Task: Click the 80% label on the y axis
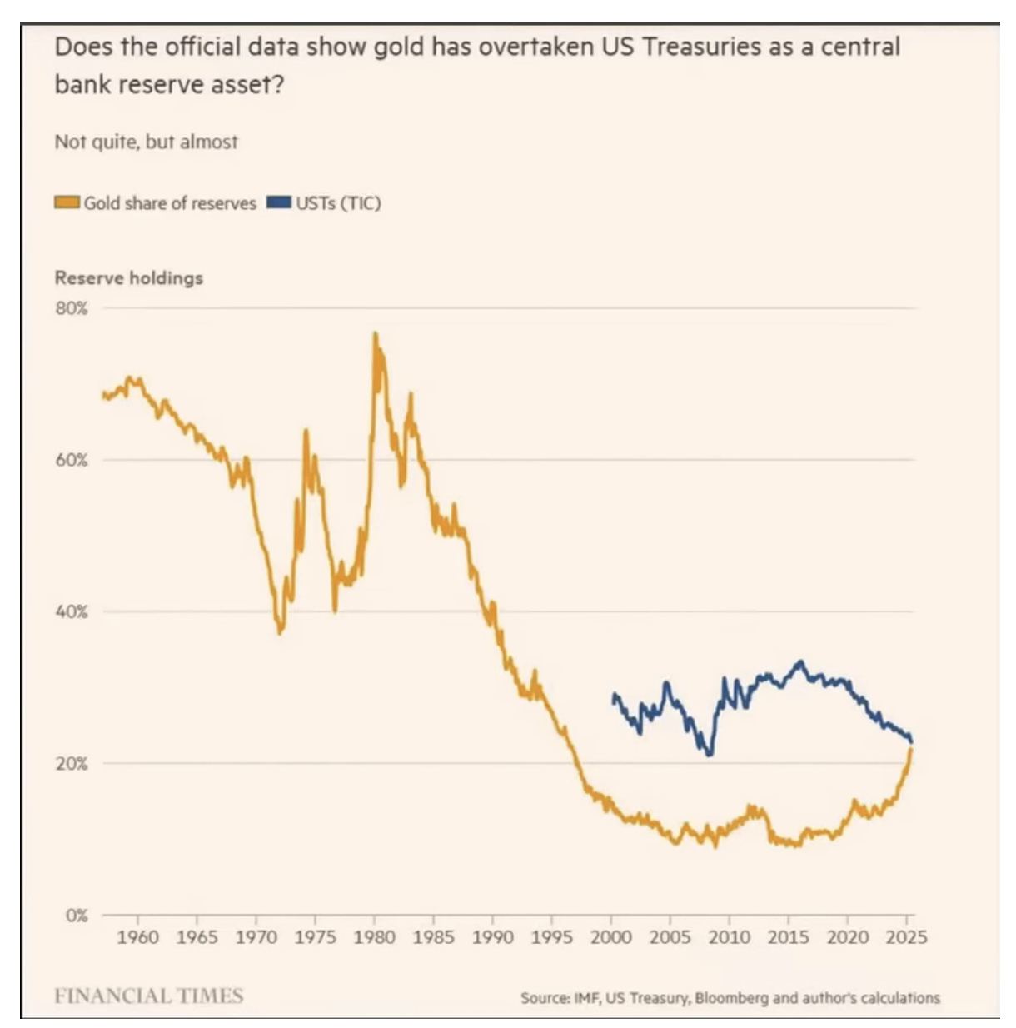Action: pos(72,308)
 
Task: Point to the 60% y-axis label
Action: pos(72,460)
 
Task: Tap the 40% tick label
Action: pos(72,611)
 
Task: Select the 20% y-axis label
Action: pos(72,763)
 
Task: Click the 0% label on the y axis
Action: pos(76,916)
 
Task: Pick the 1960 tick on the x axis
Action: pos(137,937)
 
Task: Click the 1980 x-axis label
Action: pos(375,937)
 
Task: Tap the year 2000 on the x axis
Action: pos(611,937)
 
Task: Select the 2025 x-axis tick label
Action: pos(906,937)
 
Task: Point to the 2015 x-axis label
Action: pos(788,937)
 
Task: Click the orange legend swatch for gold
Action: pos(67,202)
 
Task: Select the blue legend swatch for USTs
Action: pos(279,202)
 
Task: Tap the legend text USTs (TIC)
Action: pos(338,203)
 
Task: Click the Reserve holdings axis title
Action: pos(129,277)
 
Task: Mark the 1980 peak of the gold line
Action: pos(375,335)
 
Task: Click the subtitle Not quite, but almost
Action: pos(146,142)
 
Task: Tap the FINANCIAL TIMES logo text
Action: pos(148,996)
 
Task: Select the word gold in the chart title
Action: pos(398,47)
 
